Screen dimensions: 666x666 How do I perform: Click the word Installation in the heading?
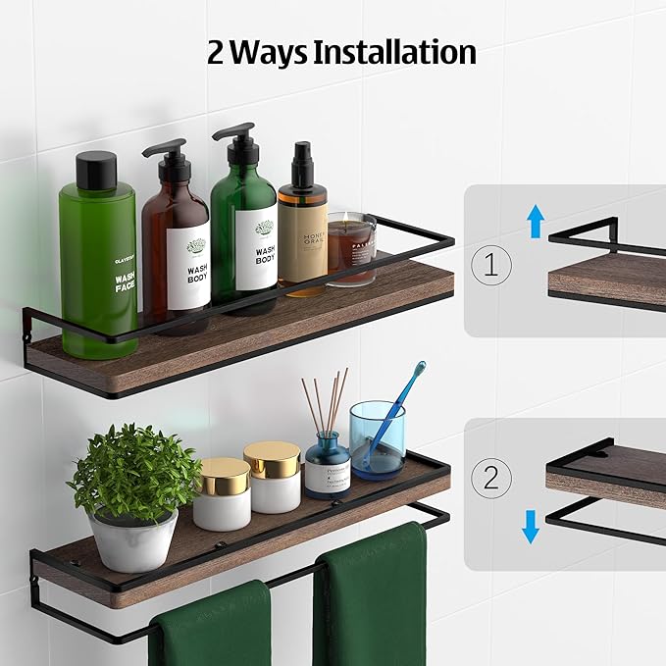pyautogui.click(x=394, y=51)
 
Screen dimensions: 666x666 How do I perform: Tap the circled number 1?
pyautogui.click(x=490, y=265)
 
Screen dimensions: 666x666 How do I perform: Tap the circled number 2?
pyautogui.click(x=490, y=477)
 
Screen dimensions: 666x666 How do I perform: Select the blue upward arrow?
pyautogui.click(x=535, y=222)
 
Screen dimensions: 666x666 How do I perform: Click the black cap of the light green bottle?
pyautogui.click(x=96, y=171)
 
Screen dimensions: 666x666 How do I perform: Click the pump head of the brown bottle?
pyautogui.click(x=167, y=151)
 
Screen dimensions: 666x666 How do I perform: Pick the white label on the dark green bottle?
pyautogui.click(x=256, y=249)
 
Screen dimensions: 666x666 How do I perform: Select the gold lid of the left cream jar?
pyautogui.click(x=224, y=475)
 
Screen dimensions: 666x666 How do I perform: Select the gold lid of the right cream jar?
pyautogui.click(x=272, y=459)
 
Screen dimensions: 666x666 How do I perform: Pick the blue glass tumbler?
pyautogui.click(x=377, y=439)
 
